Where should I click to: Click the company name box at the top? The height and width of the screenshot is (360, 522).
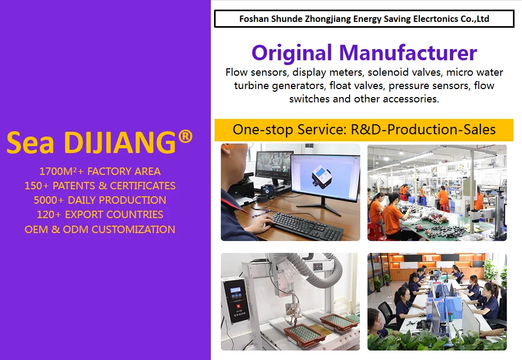[364, 19]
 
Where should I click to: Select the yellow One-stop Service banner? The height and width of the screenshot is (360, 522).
[364, 130]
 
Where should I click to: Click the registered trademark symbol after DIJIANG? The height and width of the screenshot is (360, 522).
[185, 137]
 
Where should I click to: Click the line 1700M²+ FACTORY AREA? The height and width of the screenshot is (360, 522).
[100, 171]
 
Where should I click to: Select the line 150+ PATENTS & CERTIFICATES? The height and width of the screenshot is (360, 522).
[100, 186]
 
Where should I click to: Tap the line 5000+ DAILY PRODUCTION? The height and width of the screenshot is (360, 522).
[100, 200]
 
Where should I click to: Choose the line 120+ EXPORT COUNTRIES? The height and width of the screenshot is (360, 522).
[100, 214]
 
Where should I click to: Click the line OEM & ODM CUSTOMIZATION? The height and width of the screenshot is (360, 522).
[100, 229]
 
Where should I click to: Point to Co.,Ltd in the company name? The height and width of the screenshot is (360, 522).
[474, 19]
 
